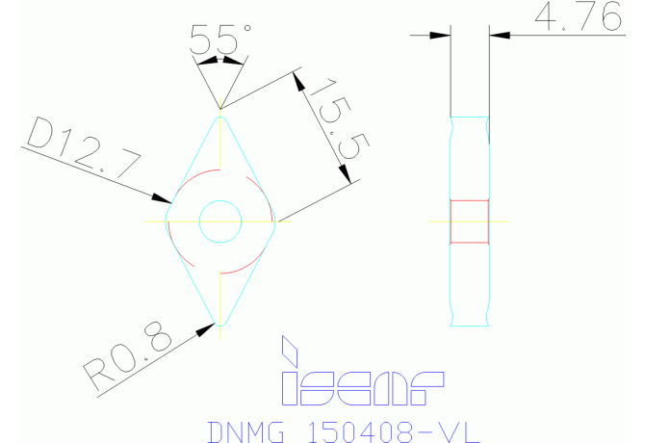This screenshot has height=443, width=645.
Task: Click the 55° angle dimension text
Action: coord(219,39)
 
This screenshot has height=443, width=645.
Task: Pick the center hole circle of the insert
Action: coord(220,222)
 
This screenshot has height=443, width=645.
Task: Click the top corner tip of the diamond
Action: coord(220,115)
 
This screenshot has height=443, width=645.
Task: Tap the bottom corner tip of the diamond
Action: coord(220,327)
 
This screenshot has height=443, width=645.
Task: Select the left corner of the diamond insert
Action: coord(168,222)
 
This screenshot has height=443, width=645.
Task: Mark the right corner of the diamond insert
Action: coord(273,222)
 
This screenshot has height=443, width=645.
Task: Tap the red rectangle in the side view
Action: coord(470,221)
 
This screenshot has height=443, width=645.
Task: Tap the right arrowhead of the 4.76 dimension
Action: coord(499,36)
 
